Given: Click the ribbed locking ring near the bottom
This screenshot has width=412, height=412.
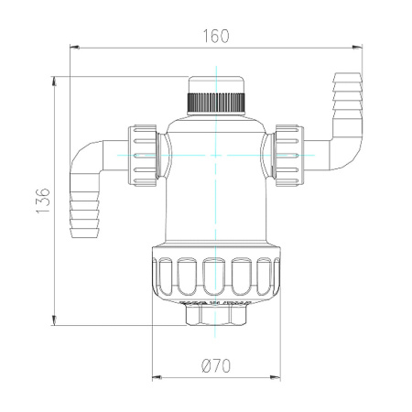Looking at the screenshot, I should (216, 277).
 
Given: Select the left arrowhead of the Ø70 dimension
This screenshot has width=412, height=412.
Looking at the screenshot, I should (157, 376).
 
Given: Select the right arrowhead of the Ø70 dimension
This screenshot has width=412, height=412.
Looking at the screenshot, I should (276, 376).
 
